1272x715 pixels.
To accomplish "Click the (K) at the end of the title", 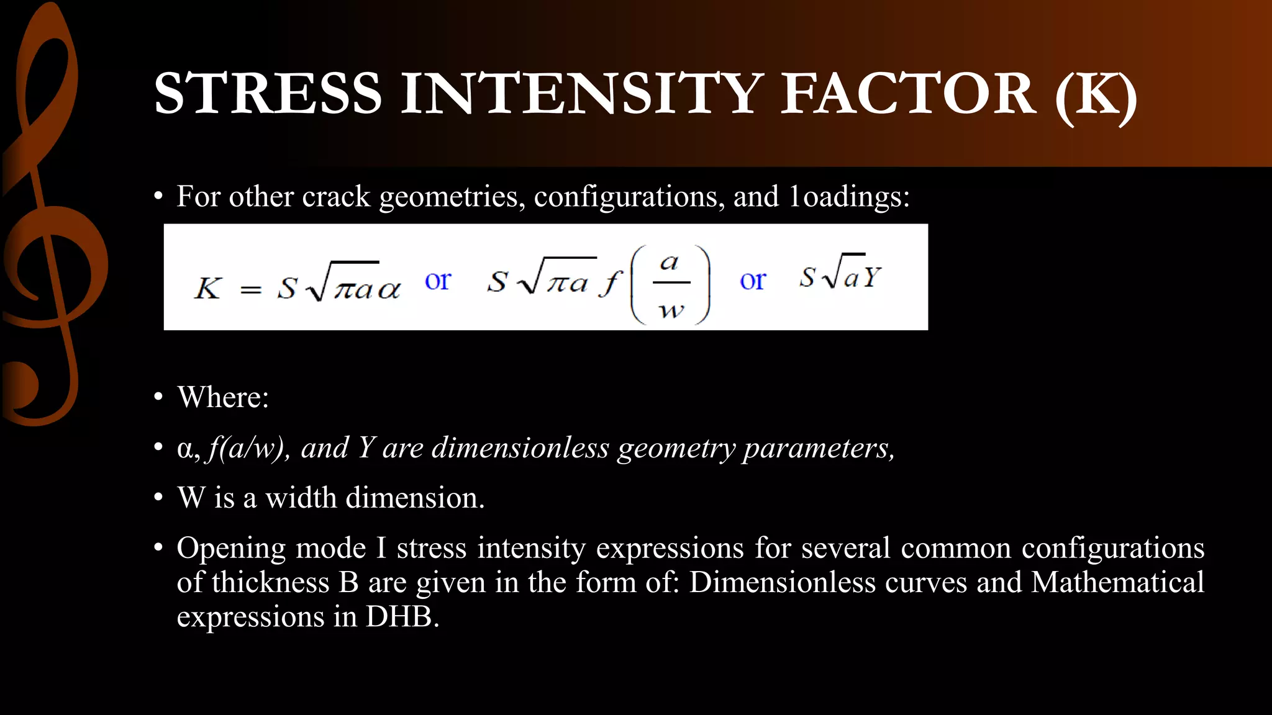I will click(x=1096, y=94).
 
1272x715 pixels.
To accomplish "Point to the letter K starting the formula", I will click(x=208, y=288).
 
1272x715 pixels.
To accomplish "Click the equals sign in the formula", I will click(x=250, y=290).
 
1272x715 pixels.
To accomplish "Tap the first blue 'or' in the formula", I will click(x=438, y=281).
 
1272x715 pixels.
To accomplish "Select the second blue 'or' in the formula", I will click(x=753, y=281).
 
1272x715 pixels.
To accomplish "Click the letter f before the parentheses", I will click(x=611, y=284).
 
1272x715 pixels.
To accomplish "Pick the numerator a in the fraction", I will click(x=670, y=263).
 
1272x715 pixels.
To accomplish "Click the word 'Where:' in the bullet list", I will click(x=223, y=397).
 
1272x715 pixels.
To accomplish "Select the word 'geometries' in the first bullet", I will click(x=448, y=197).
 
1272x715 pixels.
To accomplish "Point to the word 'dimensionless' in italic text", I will click(x=520, y=448).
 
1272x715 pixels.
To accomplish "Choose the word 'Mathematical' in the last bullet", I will click(x=1117, y=582).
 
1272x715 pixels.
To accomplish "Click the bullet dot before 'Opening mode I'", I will click(x=159, y=548).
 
